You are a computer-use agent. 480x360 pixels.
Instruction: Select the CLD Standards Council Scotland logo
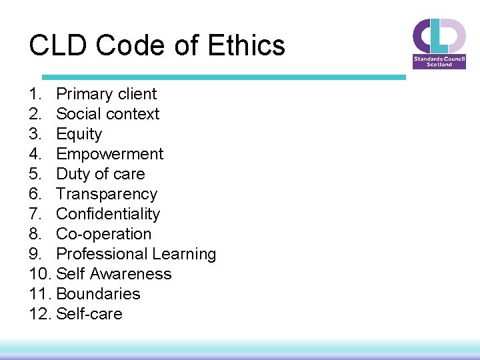(439, 43)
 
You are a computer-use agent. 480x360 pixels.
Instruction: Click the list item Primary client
(106, 94)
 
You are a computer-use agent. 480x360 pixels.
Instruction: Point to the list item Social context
(108, 114)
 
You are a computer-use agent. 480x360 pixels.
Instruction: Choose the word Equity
(79, 134)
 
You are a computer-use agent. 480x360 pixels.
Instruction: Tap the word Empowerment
(110, 154)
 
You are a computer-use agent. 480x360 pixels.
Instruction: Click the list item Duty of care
(101, 174)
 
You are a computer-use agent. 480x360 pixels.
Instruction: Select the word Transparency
(107, 194)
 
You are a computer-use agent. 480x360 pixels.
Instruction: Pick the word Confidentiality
(108, 214)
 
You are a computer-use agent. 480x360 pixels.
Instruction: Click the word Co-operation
(104, 234)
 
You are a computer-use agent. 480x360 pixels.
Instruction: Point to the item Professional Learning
(136, 254)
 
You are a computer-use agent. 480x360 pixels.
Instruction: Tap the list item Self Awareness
(114, 274)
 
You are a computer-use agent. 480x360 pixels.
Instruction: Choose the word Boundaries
(99, 294)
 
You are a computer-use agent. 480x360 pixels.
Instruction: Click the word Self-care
(89, 314)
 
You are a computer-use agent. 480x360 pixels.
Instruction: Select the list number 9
(35, 254)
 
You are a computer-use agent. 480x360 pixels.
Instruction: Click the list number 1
(35, 94)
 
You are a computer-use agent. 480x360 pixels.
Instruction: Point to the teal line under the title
(223, 77)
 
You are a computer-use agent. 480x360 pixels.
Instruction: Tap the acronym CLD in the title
(58, 46)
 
